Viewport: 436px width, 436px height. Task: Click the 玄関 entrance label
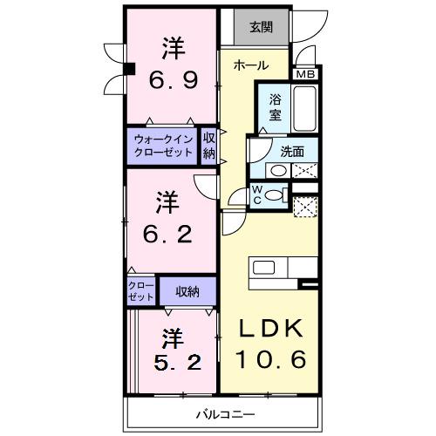[262, 27]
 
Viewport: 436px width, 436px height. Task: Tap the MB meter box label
[306, 74]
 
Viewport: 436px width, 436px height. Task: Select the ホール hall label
[250, 66]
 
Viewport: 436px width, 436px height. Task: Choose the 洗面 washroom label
[292, 151]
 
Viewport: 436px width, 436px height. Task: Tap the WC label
[257, 195]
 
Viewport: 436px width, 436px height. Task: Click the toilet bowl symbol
[276, 195]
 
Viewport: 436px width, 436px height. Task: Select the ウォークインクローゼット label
[163, 144]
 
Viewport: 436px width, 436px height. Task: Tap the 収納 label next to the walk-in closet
[209, 145]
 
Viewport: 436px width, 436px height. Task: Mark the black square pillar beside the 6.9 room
[128, 71]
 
